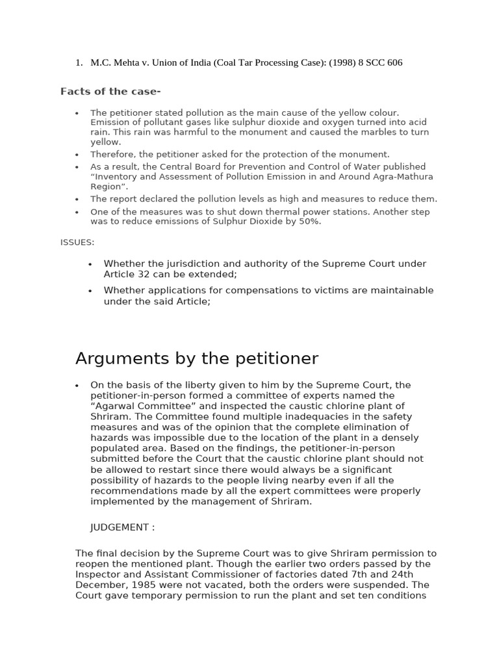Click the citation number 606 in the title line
tap(394, 62)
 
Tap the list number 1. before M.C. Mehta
tap(79, 62)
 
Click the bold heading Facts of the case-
tap(110, 91)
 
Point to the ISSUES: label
tap(77, 242)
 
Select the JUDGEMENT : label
tap(122, 527)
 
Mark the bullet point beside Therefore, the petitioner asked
tap(77, 155)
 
